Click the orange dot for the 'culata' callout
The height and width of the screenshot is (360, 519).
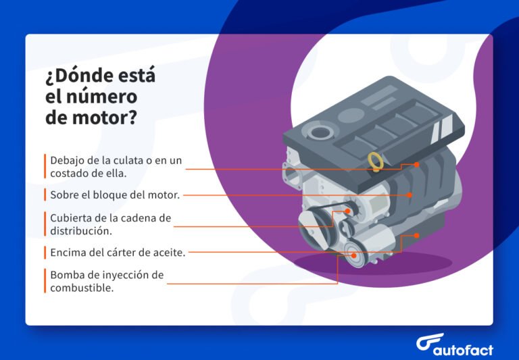417,164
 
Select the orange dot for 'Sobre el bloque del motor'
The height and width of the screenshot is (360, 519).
410,195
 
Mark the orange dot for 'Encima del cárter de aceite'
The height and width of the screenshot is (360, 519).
417,236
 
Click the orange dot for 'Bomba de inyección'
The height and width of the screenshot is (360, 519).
352,255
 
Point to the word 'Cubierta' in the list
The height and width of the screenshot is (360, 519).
72,218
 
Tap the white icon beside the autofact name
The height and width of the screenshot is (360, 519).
428,342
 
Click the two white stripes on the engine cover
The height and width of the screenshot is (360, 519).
444,124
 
